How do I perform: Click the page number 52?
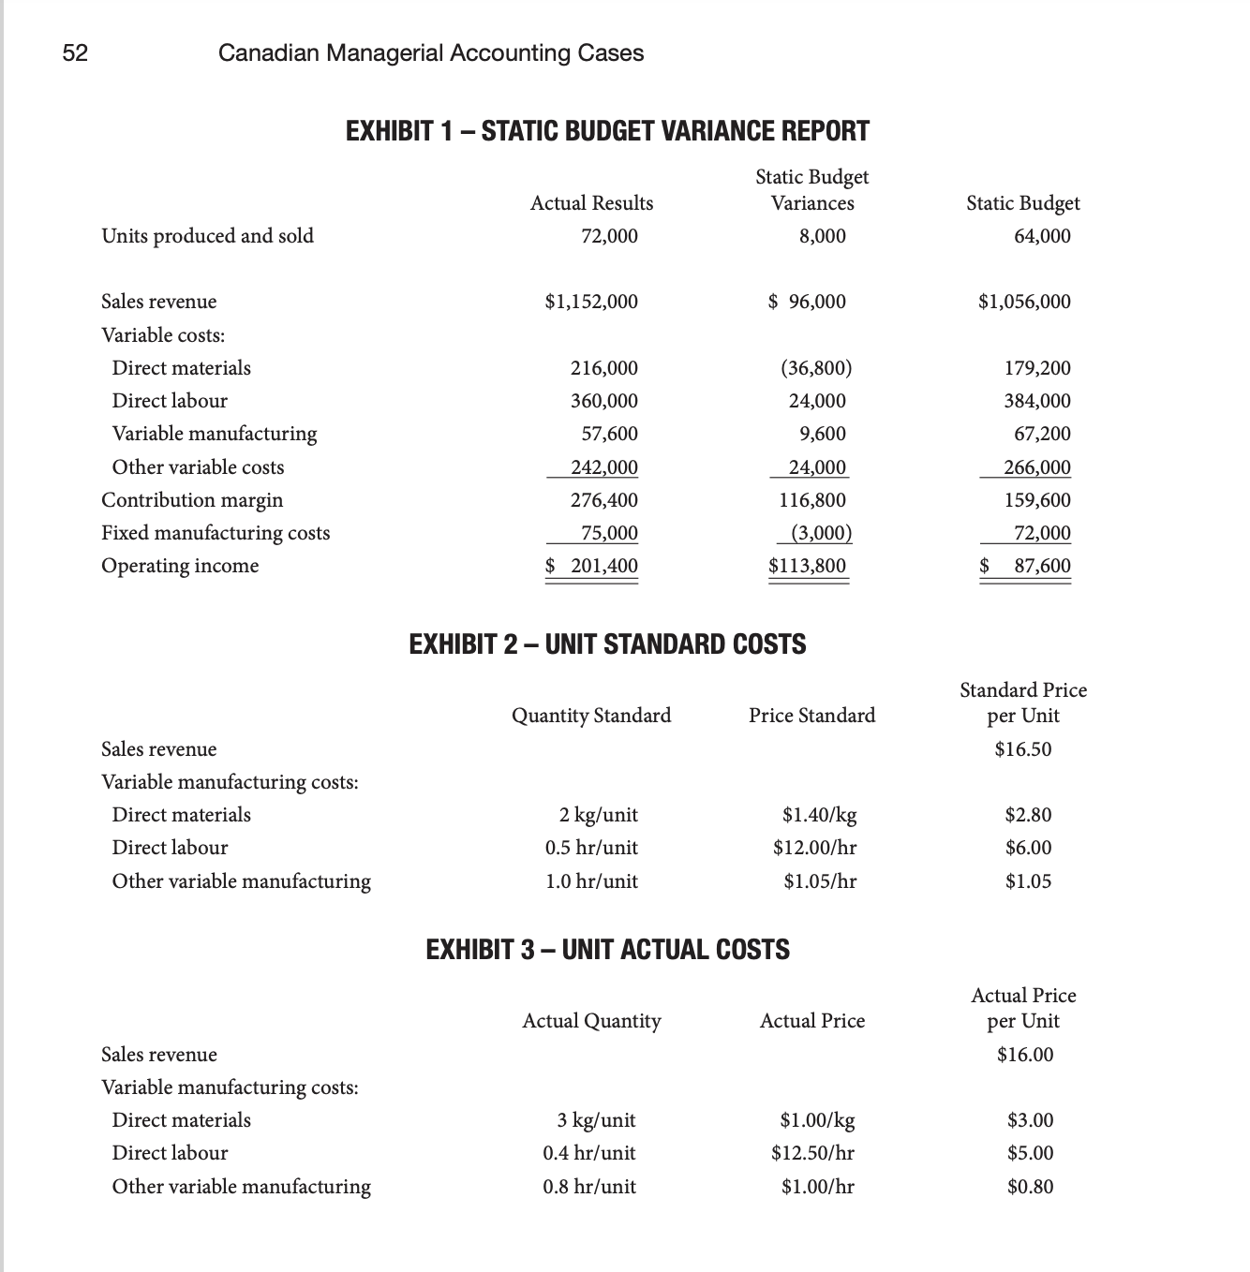pyautogui.click(x=75, y=53)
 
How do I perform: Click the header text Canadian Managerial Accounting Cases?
pyautogui.click(x=430, y=53)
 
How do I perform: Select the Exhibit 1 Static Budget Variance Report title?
pyautogui.click(x=607, y=131)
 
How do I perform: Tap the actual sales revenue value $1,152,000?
pyautogui.click(x=590, y=302)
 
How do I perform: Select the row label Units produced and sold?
pyautogui.click(x=207, y=236)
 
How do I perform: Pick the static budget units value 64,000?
pyautogui.click(x=1041, y=236)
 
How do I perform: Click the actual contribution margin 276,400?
pyautogui.click(x=603, y=500)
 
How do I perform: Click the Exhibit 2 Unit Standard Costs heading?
pyautogui.click(x=607, y=644)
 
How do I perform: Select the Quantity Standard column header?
pyautogui.click(x=590, y=716)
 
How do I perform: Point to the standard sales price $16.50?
pyautogui.click(x=1022, y=749)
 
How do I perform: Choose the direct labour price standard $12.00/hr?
pyautogui.click(x=813, y=848)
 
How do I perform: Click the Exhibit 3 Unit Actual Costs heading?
pyautogui.click(x=607, y=950)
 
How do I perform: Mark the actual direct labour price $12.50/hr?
pyautogui.click(x=812, y=1153)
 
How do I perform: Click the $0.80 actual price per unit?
pyautogui.click(x=1030, y=1187)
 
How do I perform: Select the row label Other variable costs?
pyautogui.click(x=198, y=467)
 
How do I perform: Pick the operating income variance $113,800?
pyautogui.click(x=807, y=566)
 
